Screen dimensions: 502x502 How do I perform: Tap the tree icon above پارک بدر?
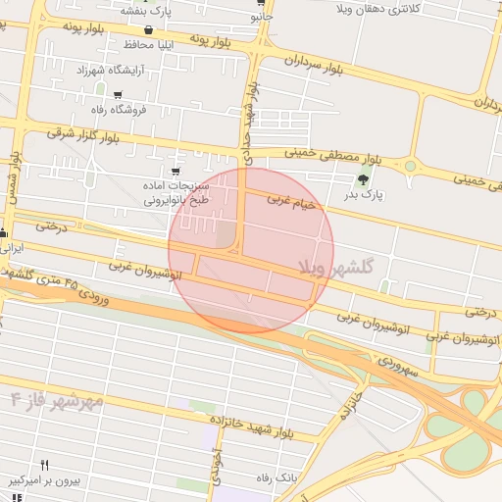pos(365,178)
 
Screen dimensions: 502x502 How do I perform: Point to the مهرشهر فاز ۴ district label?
pos(57,400)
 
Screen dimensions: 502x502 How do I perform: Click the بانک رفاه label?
pos(276,477)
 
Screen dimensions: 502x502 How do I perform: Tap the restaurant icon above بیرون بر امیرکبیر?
pos(43,465)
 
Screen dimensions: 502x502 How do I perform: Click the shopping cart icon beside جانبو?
pos(260,3)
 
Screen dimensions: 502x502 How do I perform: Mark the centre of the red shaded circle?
pos(251,250)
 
